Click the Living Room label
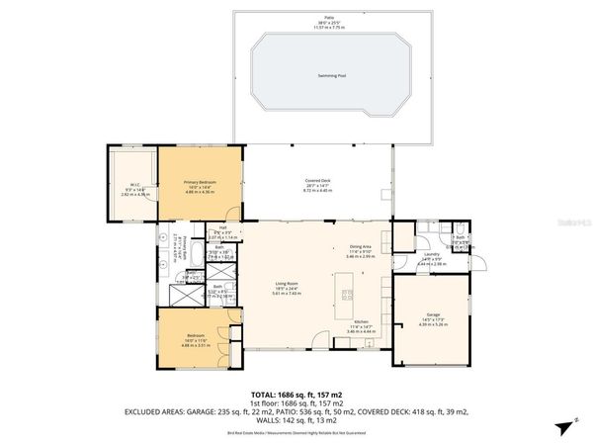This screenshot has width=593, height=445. (x=287, y=284)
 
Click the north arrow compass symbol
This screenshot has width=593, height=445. (x=564, y=426)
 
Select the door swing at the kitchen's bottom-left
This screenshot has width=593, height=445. (x=368, y=343)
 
